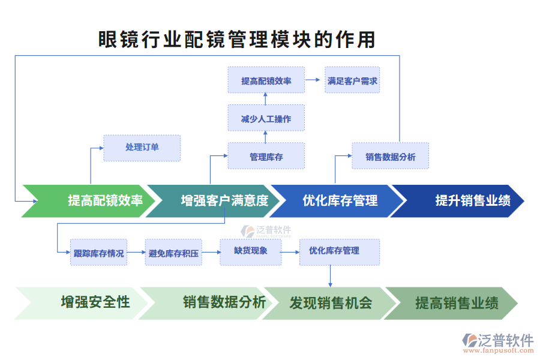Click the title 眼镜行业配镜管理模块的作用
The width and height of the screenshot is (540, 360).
(237, 40)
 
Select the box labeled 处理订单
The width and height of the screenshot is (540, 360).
(142, 148)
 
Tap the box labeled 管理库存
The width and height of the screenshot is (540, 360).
(266, 156)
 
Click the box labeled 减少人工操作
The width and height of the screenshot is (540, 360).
(266, 118)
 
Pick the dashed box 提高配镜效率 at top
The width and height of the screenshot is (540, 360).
(266, 80)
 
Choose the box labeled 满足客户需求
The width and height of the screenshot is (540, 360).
(352, 80)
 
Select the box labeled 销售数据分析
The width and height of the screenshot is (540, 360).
(390, 156)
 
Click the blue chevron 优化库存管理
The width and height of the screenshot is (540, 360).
(339, 201)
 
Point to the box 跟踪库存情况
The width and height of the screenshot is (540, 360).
(98, 253)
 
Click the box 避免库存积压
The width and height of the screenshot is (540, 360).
(173, 253)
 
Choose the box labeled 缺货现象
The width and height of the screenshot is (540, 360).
(250, 251)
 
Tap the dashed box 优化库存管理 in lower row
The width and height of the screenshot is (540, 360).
(340, 251)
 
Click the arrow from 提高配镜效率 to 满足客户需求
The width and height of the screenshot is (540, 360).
(313, 80)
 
